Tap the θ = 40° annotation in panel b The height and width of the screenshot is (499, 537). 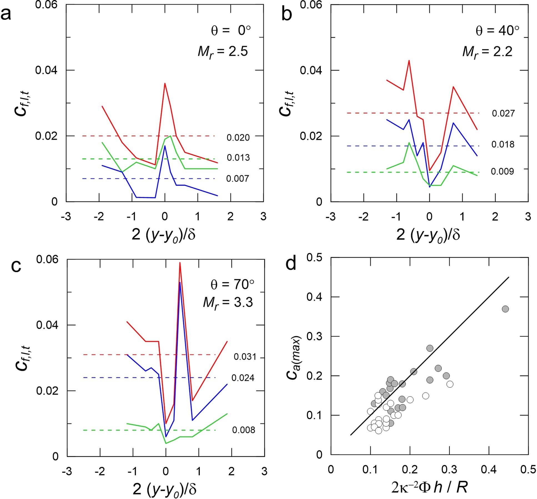[x=497, y=31]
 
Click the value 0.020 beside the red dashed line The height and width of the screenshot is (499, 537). [x=238, y=138]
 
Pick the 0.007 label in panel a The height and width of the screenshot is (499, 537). [x=237, y=179]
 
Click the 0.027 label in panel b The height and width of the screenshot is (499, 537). [x=503, y=114]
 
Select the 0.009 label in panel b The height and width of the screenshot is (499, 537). [x=502, y=172]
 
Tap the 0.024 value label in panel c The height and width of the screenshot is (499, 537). [x=243, y=378]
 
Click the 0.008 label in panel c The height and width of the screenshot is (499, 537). [x=244, y=430]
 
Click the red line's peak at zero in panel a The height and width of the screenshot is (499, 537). [x=165, y=84]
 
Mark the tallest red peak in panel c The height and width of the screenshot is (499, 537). [x=180, y=263]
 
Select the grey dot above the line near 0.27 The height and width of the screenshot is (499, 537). [x=430, y=348]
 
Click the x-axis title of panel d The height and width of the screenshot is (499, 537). [x=429, y=487]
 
